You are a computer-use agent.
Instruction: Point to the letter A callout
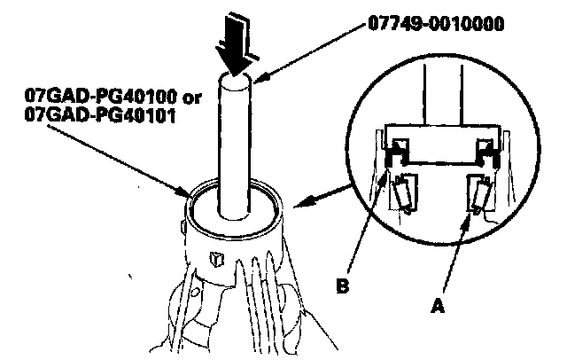tap(436, 301)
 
